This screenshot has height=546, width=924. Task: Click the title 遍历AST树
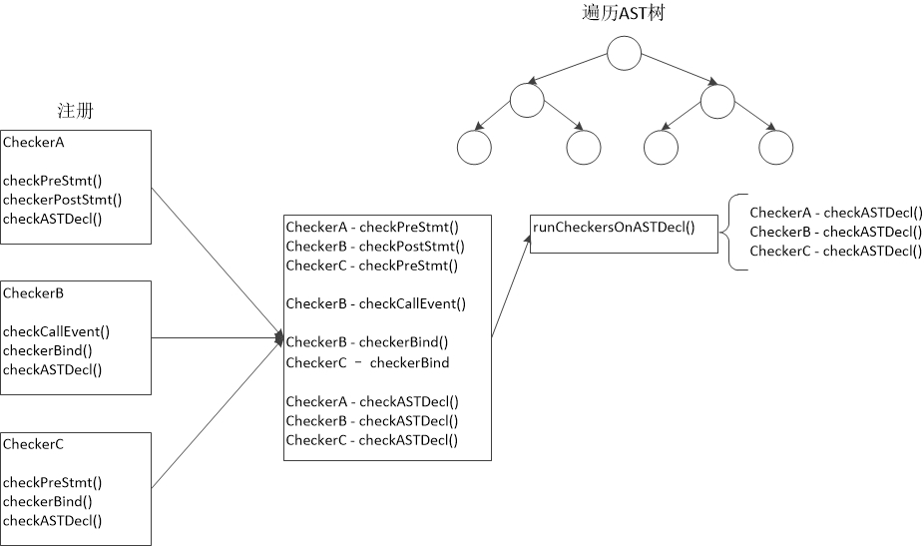point(623,13)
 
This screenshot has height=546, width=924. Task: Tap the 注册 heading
point(75,110)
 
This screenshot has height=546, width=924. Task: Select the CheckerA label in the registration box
point(34,142)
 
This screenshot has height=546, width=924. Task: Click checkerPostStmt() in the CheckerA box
point(63,200)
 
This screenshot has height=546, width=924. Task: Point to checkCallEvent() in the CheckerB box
point(57,331)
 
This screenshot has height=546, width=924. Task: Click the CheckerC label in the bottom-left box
point(33,444)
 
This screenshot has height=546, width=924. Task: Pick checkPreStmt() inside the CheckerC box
point(53,482)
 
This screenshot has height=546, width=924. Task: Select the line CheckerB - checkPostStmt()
point(375,247)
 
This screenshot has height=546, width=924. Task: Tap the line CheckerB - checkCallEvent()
point(376,303)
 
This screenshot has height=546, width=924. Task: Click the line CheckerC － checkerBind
point(368,362)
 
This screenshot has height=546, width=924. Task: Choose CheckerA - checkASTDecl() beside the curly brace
point(836,213)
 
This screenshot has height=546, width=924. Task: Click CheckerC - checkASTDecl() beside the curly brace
point(836,252)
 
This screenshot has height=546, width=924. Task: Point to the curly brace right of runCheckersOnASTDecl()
point(721,233)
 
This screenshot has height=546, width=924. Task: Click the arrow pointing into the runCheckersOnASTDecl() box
point(511,285)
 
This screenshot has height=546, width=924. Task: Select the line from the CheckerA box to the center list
point(218,263)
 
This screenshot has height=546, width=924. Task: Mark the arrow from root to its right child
point(680,69)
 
